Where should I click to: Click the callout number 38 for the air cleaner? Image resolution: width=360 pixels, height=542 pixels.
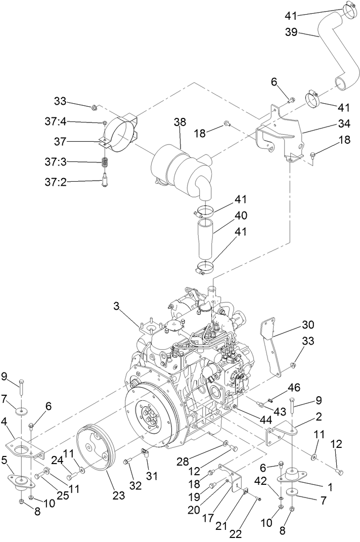[179, 122]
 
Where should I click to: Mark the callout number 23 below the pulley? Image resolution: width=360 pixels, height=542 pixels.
[118, 496]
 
